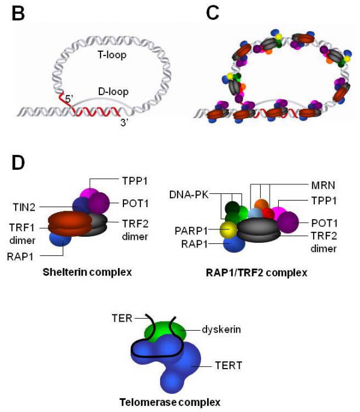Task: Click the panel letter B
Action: (x=18, y=13)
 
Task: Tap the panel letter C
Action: (x=213, y=13)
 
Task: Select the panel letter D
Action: (x=18, y=163)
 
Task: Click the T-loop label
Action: (x=112, y=55)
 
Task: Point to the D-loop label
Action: (x=113, y=92)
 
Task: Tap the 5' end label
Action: (x=69, y=99)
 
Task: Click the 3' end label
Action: (x=123, y=122)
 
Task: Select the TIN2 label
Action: (x=24, y=207)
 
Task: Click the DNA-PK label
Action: (x=189, y=195)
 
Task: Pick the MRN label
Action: (x=323, y=186)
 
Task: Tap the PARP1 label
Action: (x=191, y=231)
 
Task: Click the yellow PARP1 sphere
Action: (x=228, y=230)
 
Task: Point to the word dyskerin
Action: (x=221, y=329)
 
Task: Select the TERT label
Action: (x=228, y=366)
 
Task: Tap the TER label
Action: (x=122, y=318)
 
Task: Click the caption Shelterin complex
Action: (x=87, y=272)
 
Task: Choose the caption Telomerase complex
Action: (x=170, y=402)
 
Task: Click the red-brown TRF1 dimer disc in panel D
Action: (x=70, y=223)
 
